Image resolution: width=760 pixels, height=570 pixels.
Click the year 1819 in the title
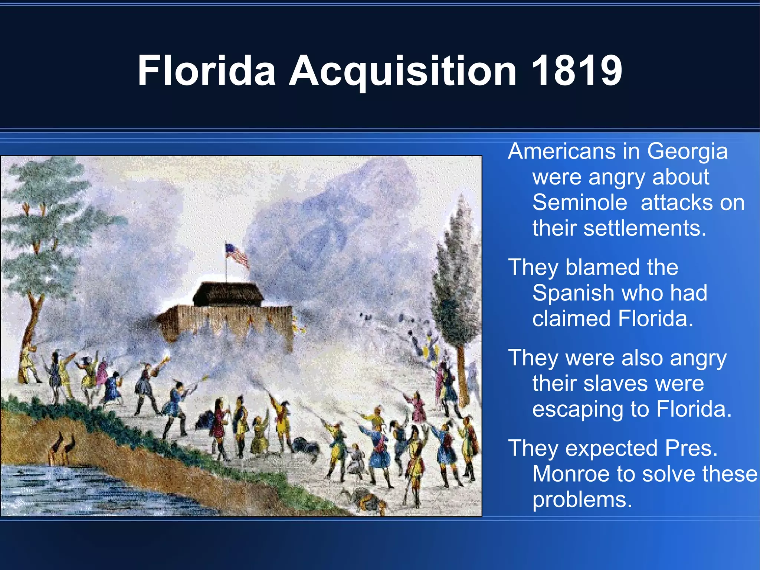click(x=576, y=71)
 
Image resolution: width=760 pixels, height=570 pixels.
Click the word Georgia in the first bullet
click(x=687, y=152)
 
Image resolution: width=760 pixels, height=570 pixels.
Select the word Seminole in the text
click(x=580, y=203)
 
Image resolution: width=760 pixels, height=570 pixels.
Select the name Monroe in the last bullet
click(x=571, y=474)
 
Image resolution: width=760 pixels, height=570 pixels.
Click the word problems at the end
click(x=582, y=500)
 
